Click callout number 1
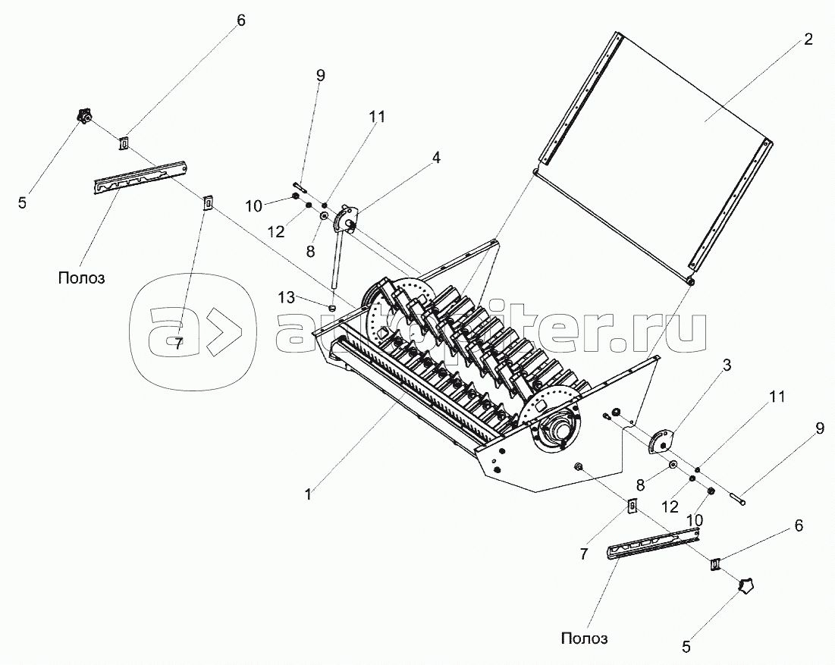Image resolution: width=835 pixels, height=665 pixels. tap(309, 494)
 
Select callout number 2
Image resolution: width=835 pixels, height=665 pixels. tap(808, 39)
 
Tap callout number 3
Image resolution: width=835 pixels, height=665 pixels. tap(727, 365)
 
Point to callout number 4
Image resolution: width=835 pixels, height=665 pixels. tap(436, 158)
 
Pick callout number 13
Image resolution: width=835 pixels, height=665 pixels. tap(287, 297)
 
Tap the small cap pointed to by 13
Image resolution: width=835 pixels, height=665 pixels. tap(331, 306)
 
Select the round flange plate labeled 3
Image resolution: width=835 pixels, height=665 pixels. tap(661, 441)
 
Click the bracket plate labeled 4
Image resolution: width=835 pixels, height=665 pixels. tap(346, 218)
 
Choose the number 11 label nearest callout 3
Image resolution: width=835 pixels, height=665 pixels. tap(777, 397)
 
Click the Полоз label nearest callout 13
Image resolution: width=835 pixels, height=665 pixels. tap(81, 278)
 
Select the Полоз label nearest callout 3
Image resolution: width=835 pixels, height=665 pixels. tap(584, 638)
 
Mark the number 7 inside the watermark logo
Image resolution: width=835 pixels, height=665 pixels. tap(178, 343)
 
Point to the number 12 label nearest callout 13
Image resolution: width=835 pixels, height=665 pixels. tap(277, 231)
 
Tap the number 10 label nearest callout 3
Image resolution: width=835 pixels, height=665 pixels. tap(695, 519)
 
